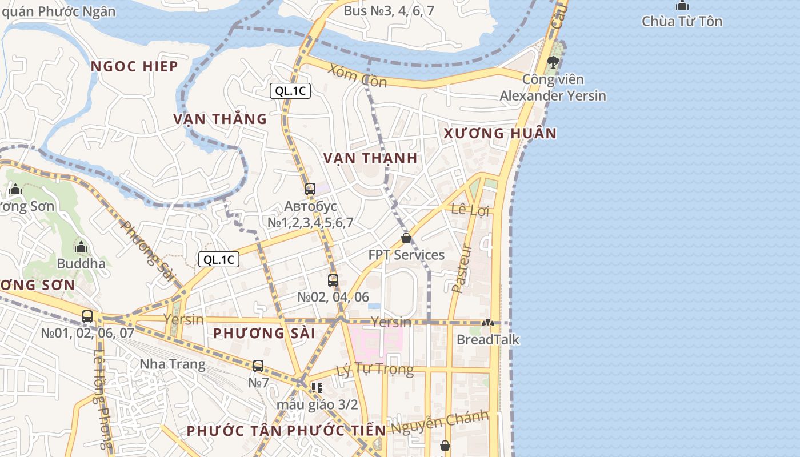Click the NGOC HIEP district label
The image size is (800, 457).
click(135, 66)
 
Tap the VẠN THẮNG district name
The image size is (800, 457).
click(221, 119)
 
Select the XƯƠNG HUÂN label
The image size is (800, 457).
click(500, 133)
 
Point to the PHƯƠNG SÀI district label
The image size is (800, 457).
click(264, 333)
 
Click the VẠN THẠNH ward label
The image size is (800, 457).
click(370, 158)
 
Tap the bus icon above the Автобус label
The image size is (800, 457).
click(310, 189)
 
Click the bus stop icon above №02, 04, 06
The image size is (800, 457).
click(333, 280)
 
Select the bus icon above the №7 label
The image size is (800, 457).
click(258, 366)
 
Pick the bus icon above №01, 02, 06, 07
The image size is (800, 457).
click(87, 316)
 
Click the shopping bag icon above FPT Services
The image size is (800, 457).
click(406, 238)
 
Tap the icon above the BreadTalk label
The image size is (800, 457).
click(487, 323)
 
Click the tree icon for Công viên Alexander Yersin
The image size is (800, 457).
click(552, 62)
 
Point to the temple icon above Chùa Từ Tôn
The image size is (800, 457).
click(682, 6)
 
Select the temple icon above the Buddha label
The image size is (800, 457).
click(81, 247)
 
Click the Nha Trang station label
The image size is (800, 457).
click(173, 364)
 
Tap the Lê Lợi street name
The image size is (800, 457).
click(471, 210)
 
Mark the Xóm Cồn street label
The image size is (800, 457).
click(358, 76)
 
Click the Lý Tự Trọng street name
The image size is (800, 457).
click(375, 370)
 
